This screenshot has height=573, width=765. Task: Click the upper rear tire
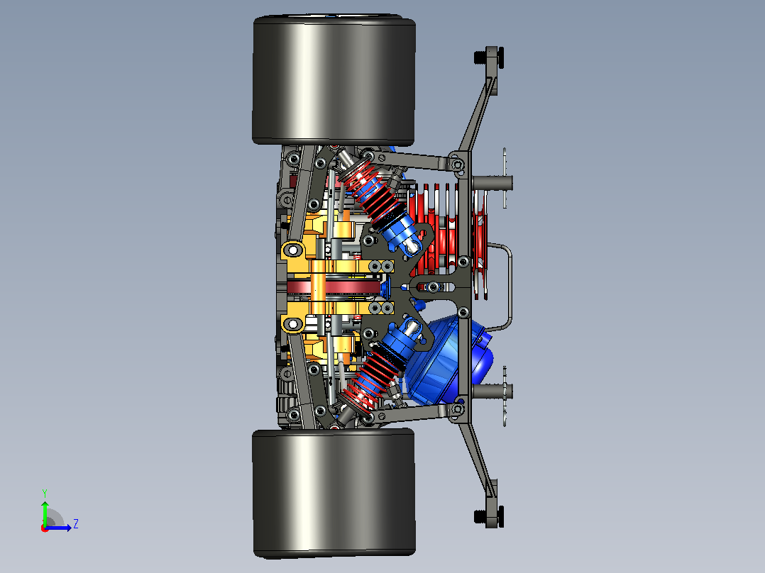coord(334,80)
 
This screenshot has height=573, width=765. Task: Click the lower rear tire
coord(334,494)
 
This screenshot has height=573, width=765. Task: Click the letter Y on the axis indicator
coord(45,494)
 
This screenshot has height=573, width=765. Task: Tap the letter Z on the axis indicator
coord(76,524)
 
